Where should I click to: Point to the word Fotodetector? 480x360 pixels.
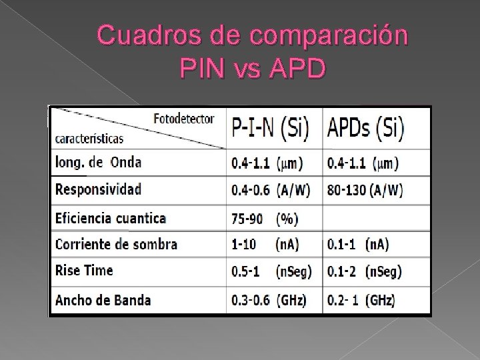click(184, 119)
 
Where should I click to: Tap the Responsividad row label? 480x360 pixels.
click(98, 189)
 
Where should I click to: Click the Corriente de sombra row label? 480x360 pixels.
click(116, 244)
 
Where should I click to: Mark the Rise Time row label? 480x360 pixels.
click(84, 271)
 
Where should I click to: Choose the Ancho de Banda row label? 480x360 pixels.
click(103, 299)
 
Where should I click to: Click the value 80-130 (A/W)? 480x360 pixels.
click(365, 191)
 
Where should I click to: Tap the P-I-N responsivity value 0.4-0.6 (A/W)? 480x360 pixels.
click(270, 191)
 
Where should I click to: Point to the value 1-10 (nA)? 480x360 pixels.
click(265, 245)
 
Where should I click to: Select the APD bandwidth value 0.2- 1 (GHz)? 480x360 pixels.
click(361, 300)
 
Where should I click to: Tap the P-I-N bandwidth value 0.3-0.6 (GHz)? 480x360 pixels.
click(269, 300)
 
